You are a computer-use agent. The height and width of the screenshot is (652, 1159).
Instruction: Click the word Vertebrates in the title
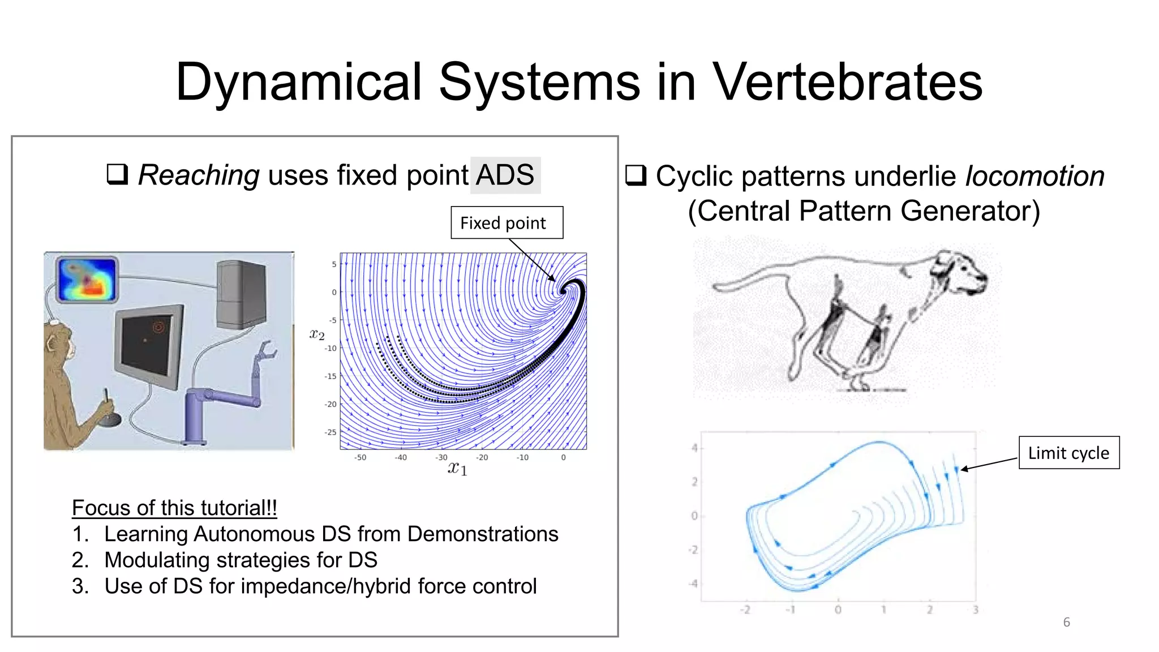pos(847,83)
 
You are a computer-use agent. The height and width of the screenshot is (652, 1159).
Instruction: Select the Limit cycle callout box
pos(1068,453)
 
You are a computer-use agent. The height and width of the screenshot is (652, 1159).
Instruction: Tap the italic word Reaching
pos(199,175)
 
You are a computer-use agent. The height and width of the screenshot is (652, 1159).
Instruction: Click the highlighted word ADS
pos(505,175)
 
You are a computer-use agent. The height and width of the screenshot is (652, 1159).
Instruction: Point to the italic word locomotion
pos(1034,177)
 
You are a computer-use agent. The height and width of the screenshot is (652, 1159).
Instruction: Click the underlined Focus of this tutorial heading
pos(174,508)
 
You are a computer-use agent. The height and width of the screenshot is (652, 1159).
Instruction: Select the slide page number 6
pos(1066,622)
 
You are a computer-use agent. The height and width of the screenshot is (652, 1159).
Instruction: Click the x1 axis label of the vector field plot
pos(457,468)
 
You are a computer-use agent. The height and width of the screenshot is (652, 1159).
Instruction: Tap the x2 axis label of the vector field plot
pos(317,334)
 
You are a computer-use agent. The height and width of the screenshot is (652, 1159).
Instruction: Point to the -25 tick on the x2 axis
pos(330,432)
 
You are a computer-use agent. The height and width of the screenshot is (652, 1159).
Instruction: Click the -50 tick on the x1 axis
pos(360,457)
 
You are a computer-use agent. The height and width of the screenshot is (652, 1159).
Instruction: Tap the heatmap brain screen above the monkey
pos(88,280)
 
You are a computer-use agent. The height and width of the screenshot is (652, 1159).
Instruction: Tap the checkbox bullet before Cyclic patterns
pos(636,175)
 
